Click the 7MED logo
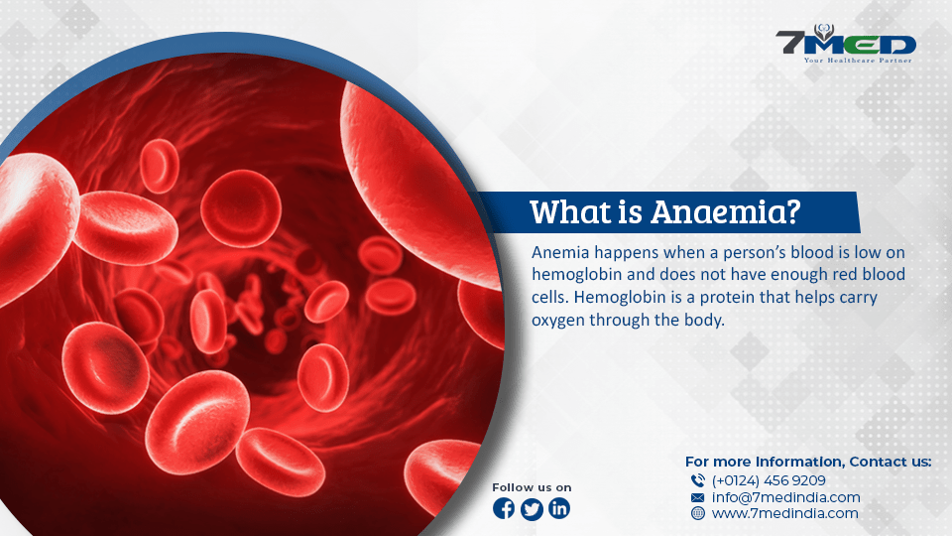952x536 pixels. [846, 44]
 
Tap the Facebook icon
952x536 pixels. [504, 508]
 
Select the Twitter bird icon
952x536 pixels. [532, 508]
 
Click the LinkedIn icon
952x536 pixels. [559, 508]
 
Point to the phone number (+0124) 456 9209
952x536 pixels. [769, 480]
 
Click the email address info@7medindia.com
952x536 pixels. [785, 497]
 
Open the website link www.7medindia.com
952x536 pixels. [785, 513]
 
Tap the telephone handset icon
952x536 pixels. [697, 480]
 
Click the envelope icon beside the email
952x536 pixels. [697, 497]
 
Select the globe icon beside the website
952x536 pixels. [698, 513]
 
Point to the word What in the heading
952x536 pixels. [569, 212]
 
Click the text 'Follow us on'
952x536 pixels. [532, 487]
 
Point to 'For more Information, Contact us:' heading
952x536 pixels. [808, 462]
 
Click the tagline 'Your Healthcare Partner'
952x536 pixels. [858, 61]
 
